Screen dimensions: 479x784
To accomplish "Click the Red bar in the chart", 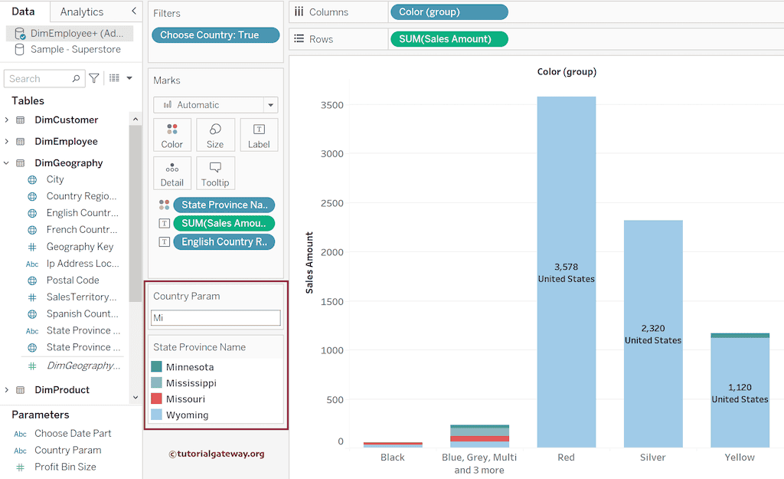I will (567, 192).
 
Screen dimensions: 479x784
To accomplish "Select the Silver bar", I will (653, 276).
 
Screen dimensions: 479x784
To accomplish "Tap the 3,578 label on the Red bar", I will (566, 267).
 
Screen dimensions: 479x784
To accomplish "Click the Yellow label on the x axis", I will (740, 458).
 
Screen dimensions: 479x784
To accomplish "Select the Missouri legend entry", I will (185, 399).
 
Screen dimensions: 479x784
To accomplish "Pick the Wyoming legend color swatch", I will (157, 415).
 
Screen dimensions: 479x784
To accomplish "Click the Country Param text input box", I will (215, 317).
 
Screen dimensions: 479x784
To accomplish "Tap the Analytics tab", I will (82, 11).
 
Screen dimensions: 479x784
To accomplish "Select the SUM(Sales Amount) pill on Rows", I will (449, 39).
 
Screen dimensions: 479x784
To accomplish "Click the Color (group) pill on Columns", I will (449, 12).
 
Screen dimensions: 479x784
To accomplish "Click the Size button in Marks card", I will (215, 135).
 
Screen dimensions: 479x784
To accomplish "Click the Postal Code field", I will (73, 281).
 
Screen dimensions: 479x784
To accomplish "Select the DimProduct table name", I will (62, 390).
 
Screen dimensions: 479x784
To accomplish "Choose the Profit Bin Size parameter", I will (65, 467).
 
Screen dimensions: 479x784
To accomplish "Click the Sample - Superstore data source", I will (75, 49).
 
